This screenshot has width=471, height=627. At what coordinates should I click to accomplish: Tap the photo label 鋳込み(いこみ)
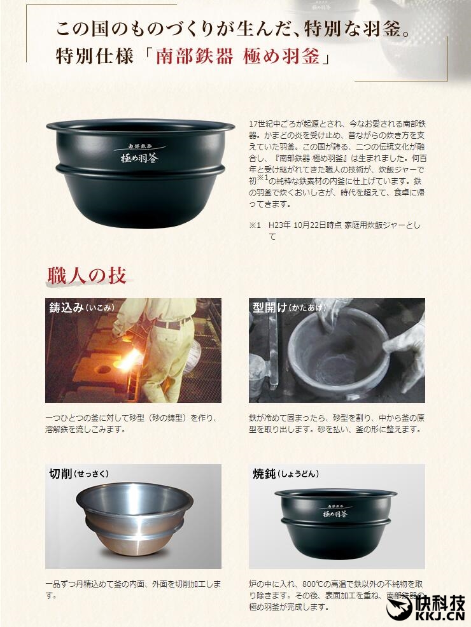[x=81, y=307]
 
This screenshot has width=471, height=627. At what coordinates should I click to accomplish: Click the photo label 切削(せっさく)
[x=78, y=474]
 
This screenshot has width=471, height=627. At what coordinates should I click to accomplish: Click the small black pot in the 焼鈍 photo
[x=335, y=522]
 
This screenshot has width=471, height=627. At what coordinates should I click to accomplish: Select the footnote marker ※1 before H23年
[x=255, y=225]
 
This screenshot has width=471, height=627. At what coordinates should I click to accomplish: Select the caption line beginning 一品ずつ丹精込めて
[x=134, y=584]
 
